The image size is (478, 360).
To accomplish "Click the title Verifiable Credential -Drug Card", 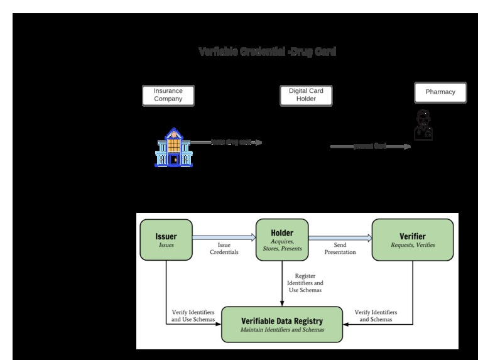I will point(267,52).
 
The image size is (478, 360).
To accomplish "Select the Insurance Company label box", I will point(168,95).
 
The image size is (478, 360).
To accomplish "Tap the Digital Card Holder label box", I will point(306,95).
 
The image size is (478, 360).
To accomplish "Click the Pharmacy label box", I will point(440,92).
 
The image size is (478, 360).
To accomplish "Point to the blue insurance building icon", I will point(173,148).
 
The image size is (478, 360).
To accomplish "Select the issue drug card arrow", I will point(226,143).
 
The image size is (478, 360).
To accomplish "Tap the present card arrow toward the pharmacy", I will point(371,146).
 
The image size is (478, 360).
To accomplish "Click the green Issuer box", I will point(166,240).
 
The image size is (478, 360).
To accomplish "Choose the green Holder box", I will point(281,239).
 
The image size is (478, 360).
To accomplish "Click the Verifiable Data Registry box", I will point(282,324).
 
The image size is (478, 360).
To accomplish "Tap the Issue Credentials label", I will point(224,249).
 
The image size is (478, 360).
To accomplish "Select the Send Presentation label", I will point(340,249).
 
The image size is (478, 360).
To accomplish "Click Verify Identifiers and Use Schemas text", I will point(193,316).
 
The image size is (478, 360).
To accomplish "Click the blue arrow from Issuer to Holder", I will point(224,237).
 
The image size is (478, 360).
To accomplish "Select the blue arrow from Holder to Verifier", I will point(340,237).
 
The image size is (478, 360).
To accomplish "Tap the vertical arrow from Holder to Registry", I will point(281,283).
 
